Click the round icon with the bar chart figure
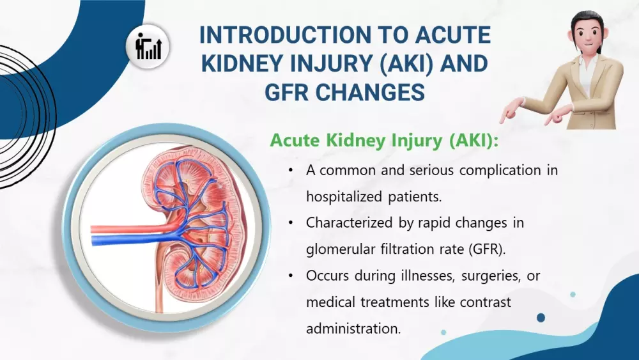[x=148, y=47]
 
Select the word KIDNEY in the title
[x=242, y=63]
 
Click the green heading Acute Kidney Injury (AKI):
[x=384, y=141]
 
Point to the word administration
[x=353, y=329]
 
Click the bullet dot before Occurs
[x=291, y=276]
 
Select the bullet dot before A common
[x=291, y=171]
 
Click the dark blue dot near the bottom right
[x=541, y=318]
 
